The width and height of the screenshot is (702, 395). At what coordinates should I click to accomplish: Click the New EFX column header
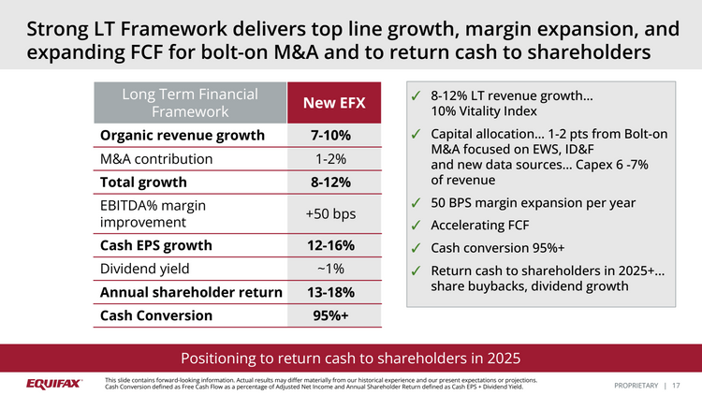(332, 103)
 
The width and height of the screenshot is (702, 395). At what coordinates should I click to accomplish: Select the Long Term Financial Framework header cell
(190, 103)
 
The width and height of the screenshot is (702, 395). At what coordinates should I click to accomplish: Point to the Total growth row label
(143, 182)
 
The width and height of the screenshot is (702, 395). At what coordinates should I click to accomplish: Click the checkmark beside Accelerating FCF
(415, 225)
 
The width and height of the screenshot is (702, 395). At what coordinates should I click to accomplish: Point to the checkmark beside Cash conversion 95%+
(415, 248)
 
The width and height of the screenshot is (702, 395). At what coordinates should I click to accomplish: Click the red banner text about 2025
(351, 358)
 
